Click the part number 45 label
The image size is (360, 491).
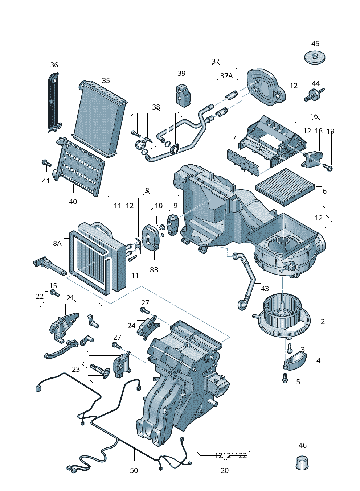click(x=315, y=44)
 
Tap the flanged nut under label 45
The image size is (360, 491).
click(x=315, y=57)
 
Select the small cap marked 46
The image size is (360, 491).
click(x=302, y=463)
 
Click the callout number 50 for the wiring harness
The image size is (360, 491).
click(x=134, y=470)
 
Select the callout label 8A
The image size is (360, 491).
click(x=57, y=243)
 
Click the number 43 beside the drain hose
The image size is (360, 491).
click(x=265, y=289)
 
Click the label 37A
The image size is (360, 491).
click(x=226, y=76)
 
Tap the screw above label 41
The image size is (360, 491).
click(x=46, y=163)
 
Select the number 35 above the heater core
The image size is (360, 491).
click(x=106, y=81)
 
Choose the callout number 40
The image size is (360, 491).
click(x=73, y=202)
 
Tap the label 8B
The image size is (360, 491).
click(x=154, y=270)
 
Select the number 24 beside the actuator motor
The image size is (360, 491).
click(x=131, y=326)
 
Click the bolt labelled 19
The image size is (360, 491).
click(x=329, y=168)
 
